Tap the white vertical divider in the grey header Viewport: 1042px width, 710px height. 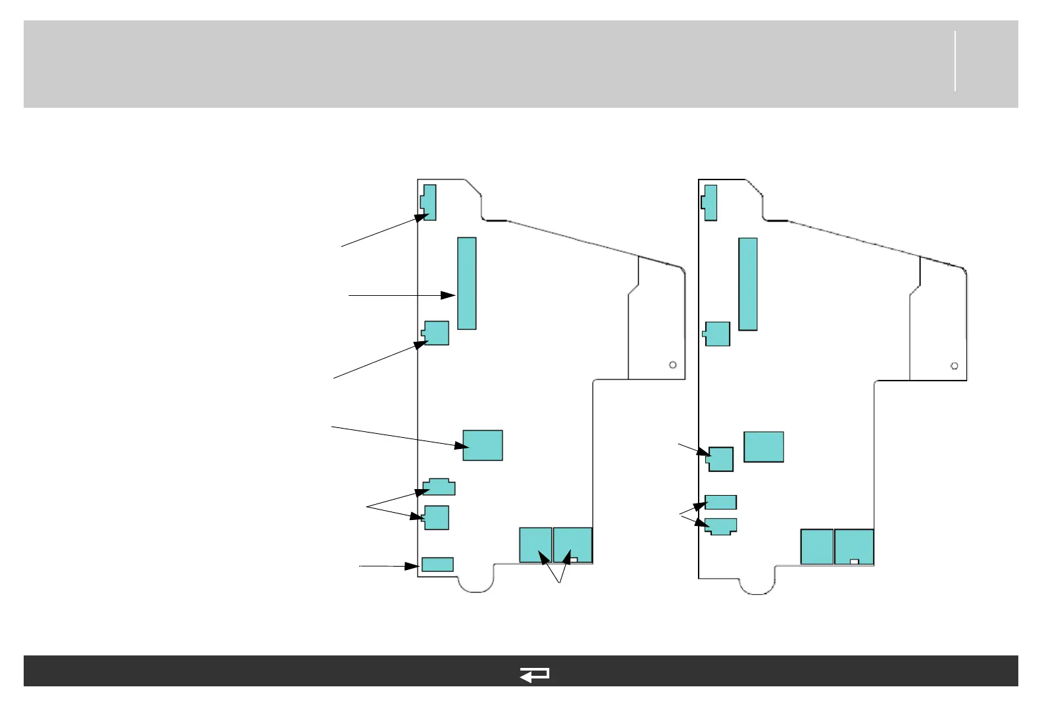(955, 60)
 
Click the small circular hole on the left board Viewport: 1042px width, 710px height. (673, 365)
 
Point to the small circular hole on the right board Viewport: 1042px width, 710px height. (955, 366)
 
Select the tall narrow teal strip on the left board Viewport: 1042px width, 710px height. (466, 283)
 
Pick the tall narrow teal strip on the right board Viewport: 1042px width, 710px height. (748, 284)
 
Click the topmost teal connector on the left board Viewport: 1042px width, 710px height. (430, 202)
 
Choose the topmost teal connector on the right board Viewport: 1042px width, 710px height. (710, 202)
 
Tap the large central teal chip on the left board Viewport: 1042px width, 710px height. (483, 445)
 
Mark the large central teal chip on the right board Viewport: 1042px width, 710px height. (764, 447)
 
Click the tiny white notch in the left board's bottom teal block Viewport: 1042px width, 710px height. (574, 560)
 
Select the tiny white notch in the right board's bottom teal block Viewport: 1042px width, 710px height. (855, 561)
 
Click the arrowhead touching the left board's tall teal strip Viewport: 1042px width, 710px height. (449, 296)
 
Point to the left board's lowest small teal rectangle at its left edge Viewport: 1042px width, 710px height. (437, 564)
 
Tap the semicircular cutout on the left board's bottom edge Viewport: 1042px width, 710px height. (476, 582)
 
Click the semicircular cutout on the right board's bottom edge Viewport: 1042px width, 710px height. (757, 584)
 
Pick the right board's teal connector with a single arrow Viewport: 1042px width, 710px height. (721, 459)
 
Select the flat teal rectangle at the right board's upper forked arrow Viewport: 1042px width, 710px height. (721, 502)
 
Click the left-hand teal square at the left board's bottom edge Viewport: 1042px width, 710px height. (535, 544)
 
